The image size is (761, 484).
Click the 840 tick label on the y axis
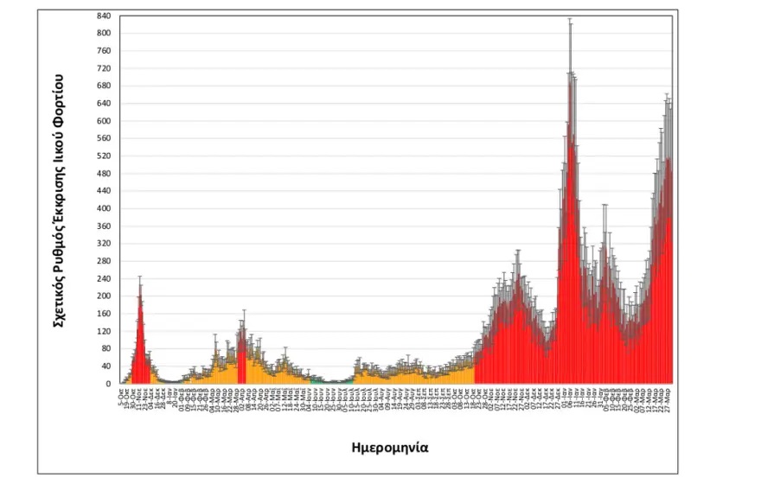coord(103,16)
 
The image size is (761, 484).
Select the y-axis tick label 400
coord(103,208)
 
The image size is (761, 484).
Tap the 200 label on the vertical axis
coord(103,296)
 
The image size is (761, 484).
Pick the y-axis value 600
coord(103,121)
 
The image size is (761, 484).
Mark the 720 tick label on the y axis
coord(103,68)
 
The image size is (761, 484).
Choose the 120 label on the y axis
coord(103,331)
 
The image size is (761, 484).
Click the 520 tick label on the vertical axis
coord(103,156)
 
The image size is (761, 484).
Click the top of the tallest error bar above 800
coord(570,19)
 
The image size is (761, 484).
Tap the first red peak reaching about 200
coord(139,298)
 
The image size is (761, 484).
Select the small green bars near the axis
coord(318,379)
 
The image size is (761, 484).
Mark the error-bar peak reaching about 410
coord(604,206)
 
